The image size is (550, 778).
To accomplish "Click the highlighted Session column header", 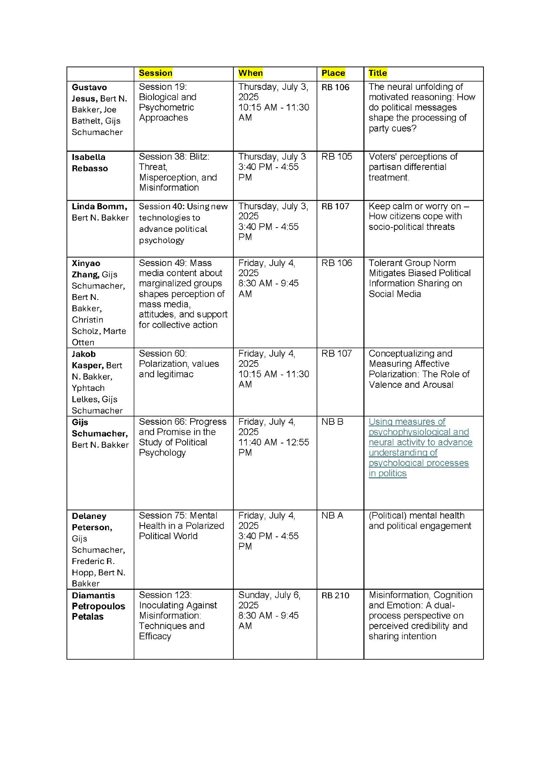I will pyautogui.click(x=156, y=73).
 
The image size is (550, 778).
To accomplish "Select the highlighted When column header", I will pyautogui.click(x=250, y=73).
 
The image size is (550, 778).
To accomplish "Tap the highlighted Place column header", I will pyautogui.click(x=333, y=73).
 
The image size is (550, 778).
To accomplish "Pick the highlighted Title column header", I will pyautogui.click(x=378, y=73).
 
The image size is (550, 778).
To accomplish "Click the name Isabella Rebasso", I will pyautogui.click(x=89, y=163).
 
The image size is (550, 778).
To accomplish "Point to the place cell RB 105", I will pyautogui.click(x=336, y=157).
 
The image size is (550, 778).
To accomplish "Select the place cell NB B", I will pyautogui.click(x=332, y=422).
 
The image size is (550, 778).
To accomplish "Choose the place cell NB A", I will pyautogui.click(x=332, y=515).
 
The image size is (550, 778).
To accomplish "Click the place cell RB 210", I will pyautogui.click(x=335, y=596).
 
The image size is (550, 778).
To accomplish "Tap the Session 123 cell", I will pyautogui.click(x=178, y=615).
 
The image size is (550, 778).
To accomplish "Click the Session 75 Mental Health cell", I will pyautogui.click(x=181, y=526).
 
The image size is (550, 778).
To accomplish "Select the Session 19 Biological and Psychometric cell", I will pyautogui.click(x=168, y=102).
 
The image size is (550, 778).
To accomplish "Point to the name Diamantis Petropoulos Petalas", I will pyautogui.click(x=98, y=606).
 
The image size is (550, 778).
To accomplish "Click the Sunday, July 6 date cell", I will pyautogui.click(x=269, y=600).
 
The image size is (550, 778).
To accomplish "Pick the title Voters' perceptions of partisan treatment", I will pyautogui.click(x=413, y=167).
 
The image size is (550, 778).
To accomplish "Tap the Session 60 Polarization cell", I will pyautogui.click(x=179, y=364).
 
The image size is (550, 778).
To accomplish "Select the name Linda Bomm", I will pyautogui.click(x=99, y=207).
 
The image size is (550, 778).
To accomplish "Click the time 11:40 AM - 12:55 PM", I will pyautogui.click(x=273, y=447).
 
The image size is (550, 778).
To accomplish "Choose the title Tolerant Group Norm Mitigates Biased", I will pyautogui.click(x=419, y=278).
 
